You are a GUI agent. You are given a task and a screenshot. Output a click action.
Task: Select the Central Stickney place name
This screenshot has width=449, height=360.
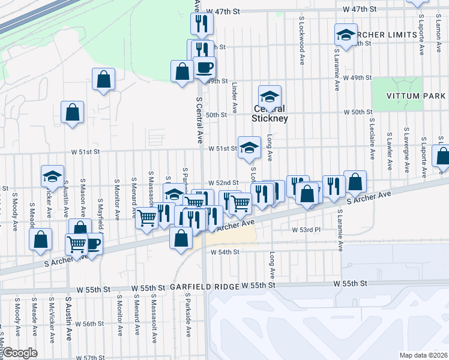coord(270,113)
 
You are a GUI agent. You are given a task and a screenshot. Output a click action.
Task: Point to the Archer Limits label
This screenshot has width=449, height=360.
coord(387,35)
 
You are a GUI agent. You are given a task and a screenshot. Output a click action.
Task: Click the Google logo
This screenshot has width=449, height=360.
coord(20,353)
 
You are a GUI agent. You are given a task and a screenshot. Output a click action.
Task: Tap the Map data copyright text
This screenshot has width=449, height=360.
coord(424,355)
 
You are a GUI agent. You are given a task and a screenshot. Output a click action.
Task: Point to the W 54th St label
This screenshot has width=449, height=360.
coord(225,252)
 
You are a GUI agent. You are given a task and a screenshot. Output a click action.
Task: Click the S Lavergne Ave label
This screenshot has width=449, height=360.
coord(407,144)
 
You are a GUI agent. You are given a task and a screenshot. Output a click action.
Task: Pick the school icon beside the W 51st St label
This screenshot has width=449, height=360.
coord(249,147)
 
